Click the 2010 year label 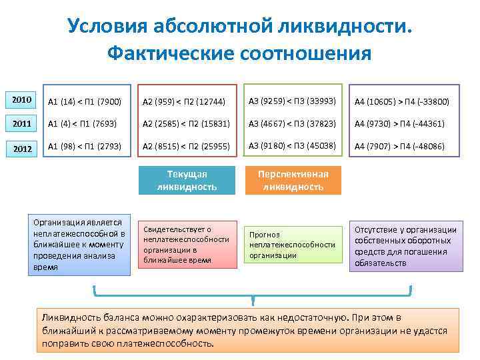tap(22, 100)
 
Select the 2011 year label tap(22, 123)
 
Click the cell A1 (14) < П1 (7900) tap(85, 101)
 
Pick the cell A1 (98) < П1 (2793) tap(85, 147)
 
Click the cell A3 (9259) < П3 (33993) tap(291, 101)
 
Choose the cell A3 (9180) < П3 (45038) tap(291, 147)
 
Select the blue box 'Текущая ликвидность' tap(187, 180)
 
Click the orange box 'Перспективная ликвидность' tap(293, 180)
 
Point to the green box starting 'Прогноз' tap(293, 245)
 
